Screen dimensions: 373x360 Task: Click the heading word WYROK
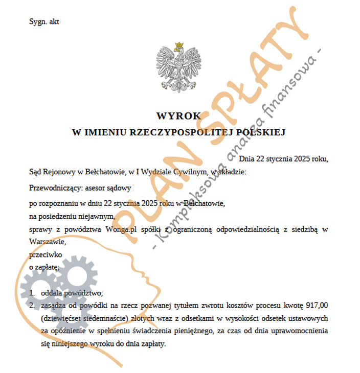[179, 116]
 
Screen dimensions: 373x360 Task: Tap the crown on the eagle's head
[179, 46]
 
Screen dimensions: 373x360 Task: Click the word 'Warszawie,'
[48, 242]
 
